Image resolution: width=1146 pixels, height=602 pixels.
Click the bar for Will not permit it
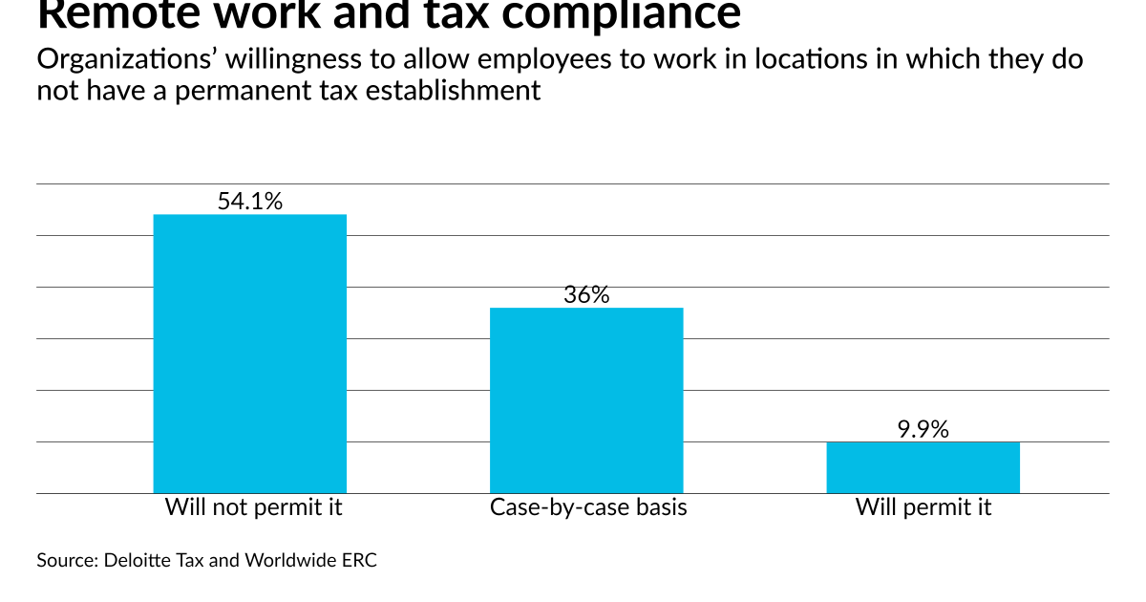pyautogui.click(x=250, y=354)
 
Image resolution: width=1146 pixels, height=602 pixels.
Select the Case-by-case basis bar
pyautogui.click(x=586, y=400)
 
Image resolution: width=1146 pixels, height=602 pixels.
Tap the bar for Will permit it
pyautogui.click(x=923, y=467)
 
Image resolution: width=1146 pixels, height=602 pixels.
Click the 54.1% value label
pyautogui.click(x=250, y=202)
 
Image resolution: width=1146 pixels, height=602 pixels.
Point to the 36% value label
pyautogui.click(x=586, y=295)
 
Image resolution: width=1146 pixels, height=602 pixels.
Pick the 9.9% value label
pyautogui.click(x=923, y=429)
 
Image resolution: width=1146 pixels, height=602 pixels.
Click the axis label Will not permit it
pyautogui.click(x=253, y=507)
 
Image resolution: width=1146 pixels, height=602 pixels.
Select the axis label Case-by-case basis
pyautogui.click(x=588, y=507)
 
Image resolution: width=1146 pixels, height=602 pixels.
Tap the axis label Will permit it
pyautogui.click(x=923, y=507)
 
